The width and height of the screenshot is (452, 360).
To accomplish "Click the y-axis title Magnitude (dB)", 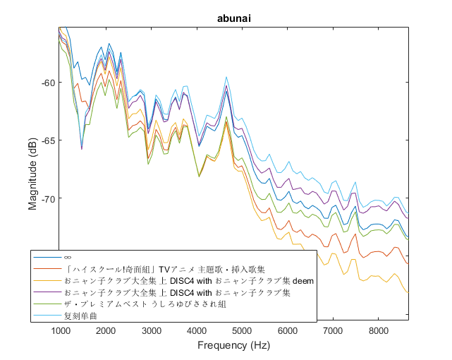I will click(33, 173).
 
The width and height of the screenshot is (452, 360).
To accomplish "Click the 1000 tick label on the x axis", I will click(61, 331).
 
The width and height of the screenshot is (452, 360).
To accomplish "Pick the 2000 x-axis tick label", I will click(106, 331).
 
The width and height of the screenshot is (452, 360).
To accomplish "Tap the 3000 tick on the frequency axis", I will click(152, 331).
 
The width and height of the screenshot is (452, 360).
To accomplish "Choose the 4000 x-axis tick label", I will click(197, 331).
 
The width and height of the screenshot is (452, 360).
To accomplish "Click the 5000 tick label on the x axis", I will click(243, 331).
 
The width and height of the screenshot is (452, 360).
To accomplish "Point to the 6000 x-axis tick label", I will click(288, 331).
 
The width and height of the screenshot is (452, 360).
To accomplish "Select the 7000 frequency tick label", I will click(334, 331).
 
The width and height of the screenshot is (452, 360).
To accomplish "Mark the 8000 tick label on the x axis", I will click(379, 331).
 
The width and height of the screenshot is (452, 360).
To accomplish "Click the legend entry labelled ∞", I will click(68, 258).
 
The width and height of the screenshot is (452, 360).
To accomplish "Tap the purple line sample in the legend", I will click(47, 292).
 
